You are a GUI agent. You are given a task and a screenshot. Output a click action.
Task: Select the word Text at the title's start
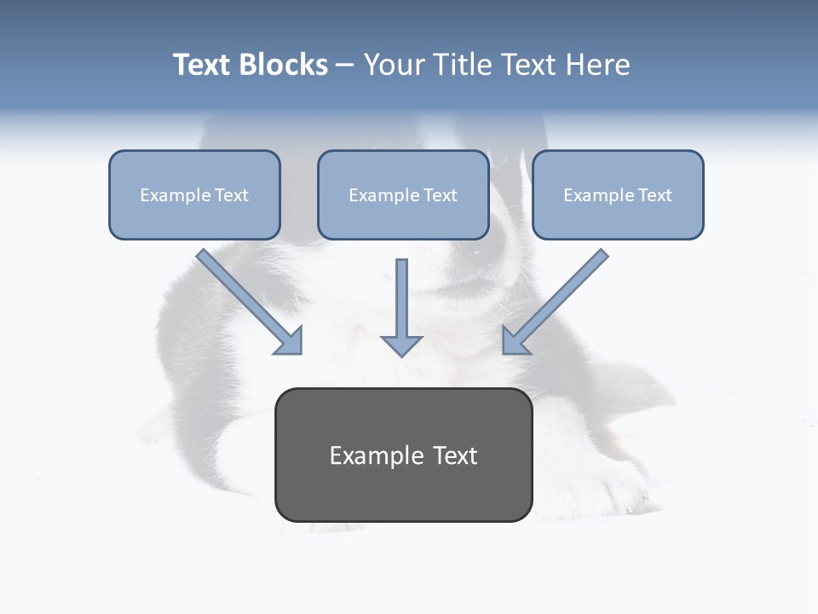[203, 65]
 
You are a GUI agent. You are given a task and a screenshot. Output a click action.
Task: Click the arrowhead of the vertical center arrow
[401, 345]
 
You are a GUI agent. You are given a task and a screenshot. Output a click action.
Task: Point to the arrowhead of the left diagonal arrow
[290, 341]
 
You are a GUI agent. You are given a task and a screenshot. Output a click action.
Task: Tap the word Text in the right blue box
[654, 195]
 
